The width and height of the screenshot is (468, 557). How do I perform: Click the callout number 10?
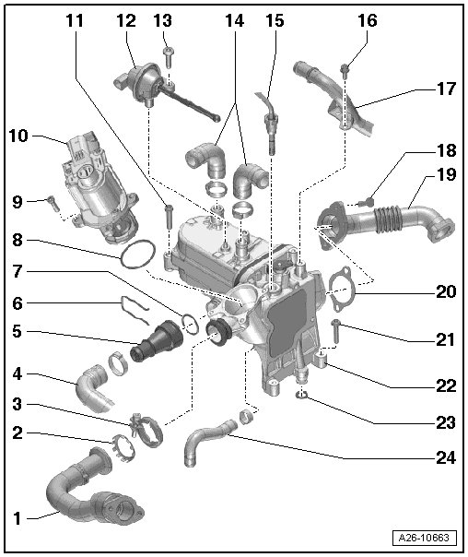(18, 136)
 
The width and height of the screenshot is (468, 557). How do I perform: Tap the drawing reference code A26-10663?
(424, 537)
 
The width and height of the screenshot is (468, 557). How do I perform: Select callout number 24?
(446, 458)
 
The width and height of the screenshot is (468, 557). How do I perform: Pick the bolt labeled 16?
(345, 69)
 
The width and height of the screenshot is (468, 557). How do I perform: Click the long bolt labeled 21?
(335, 331)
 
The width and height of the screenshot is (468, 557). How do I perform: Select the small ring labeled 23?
(302, 395)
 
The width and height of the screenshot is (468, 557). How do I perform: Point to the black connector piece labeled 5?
(156, 342)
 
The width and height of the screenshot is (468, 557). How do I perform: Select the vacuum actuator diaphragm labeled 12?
(142, 82)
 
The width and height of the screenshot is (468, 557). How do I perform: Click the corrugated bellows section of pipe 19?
(388, 217)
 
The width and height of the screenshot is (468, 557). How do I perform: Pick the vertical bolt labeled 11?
(169, 217)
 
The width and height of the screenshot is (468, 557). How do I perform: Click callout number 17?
(446, 89)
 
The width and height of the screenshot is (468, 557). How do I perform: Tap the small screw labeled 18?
(366, 203)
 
